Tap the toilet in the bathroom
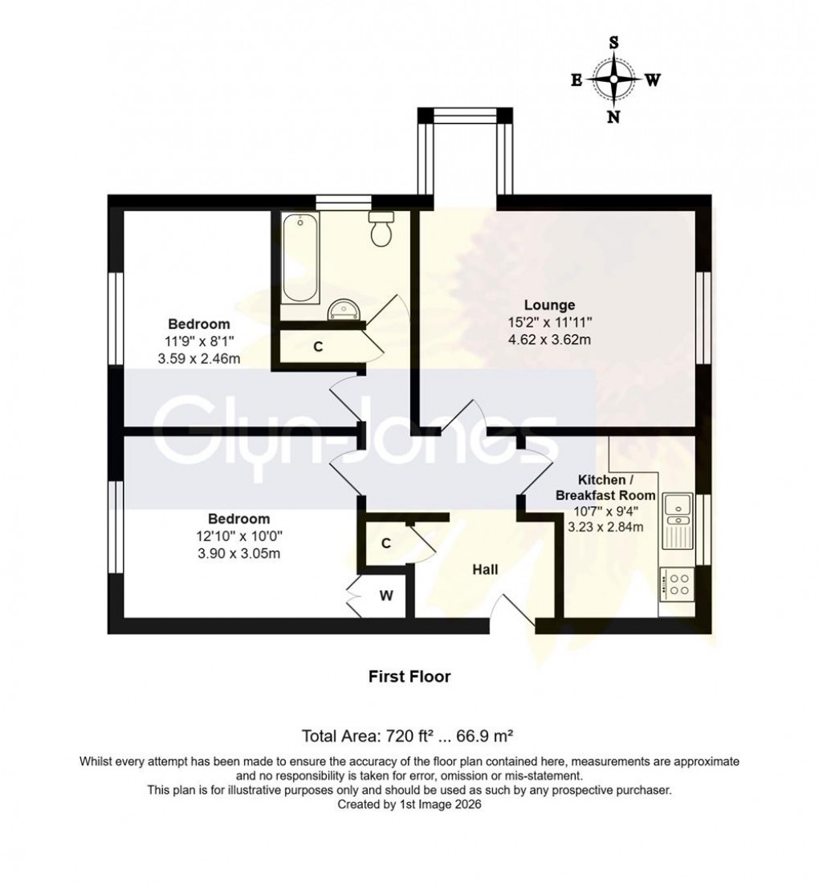381,230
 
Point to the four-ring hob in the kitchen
676,584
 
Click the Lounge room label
549,305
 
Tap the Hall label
485,570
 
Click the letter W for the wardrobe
385,596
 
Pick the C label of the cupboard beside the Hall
385,544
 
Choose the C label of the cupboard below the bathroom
318,348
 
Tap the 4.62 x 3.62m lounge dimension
549,340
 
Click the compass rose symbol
614,79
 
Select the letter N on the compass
614,117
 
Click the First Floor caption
409,677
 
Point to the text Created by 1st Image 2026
409,804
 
